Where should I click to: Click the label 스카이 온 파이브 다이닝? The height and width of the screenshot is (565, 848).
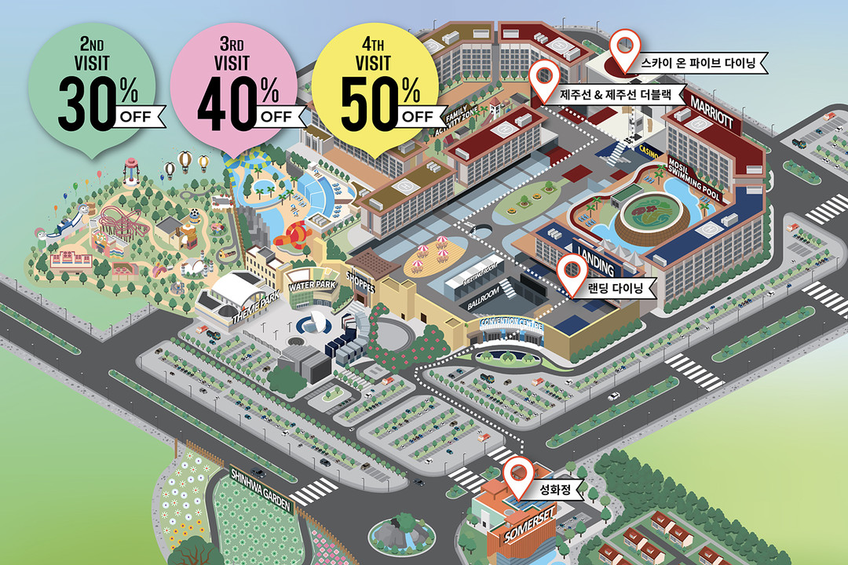[696, 64]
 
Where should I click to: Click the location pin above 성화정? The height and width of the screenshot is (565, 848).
[517, 473]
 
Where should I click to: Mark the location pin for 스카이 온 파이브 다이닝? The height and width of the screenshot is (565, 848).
[625, 48]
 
